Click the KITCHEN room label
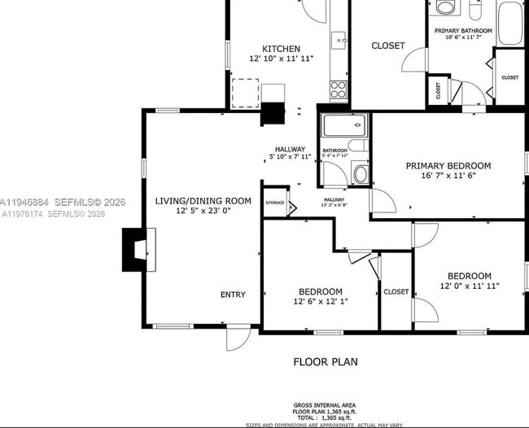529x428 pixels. pos(281,49)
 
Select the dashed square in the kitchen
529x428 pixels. pos(245,93)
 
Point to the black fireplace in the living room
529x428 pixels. pos(133,249)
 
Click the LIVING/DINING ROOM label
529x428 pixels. pos(203,200)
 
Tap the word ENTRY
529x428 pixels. pos(233,295)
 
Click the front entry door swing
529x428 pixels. pos(238,338)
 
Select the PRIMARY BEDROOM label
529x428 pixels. pos(459,165)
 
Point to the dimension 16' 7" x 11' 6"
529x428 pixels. pos(459,176)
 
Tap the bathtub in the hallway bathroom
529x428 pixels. pos(345,126)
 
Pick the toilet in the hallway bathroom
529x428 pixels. pos(360,173)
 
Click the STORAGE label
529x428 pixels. pos(275,202)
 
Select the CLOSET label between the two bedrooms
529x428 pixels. pos(396,291)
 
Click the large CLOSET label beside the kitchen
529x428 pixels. pos(387,46)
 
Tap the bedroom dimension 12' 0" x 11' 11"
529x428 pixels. pos(469,286)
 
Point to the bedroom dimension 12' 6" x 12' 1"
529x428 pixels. pos(319,302)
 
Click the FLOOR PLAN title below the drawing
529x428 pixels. pos(325,361)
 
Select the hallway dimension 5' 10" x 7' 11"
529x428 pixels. pos(290,157)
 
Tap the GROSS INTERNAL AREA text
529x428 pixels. pos(325,405)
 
